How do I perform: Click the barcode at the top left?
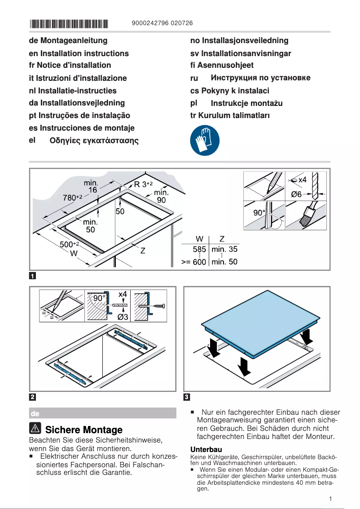[x=69, y=23]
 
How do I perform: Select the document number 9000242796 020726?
[x=163, y=23]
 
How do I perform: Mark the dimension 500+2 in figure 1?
[x=69, y=244]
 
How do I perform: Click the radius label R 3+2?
[x=144, y=184]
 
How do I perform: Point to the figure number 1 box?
[x=33, y=276]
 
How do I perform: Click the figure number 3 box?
[x=187, y=397]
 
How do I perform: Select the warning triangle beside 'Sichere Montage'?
[x=35, y=429]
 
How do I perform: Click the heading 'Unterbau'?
[x=206, y=449]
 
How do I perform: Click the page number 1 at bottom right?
[x=330, y=499]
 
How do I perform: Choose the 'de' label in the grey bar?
[x=35, y=413]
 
